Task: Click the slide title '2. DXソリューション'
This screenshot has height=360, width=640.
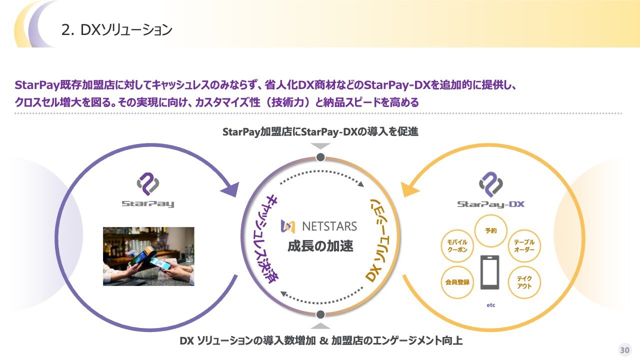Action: click(116, 30)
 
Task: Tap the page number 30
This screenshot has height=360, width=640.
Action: click(624, 349)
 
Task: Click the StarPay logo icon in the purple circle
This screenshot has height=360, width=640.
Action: click(148, 184)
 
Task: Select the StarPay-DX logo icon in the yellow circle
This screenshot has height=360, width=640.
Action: click(490, 184)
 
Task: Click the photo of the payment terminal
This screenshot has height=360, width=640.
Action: click(148, 256)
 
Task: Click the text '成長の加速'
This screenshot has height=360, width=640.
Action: click(320, 246)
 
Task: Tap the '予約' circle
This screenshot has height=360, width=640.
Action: click(490, 231)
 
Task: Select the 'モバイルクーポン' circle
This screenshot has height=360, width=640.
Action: click(457, 245)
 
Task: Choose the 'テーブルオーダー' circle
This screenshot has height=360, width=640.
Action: click(524, 245)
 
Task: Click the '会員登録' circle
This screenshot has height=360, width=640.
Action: click(457, 282)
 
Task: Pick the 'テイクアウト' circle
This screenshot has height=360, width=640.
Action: click(524, 282)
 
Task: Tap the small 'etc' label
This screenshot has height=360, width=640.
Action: click(490, 305)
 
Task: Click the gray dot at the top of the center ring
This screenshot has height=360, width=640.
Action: click(321, 158)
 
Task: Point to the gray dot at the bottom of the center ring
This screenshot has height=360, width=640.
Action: click(321, 314)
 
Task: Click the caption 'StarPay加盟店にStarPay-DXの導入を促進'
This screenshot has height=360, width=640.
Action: click(320, 132)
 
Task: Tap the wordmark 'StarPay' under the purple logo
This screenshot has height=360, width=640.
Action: click(148, 203)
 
